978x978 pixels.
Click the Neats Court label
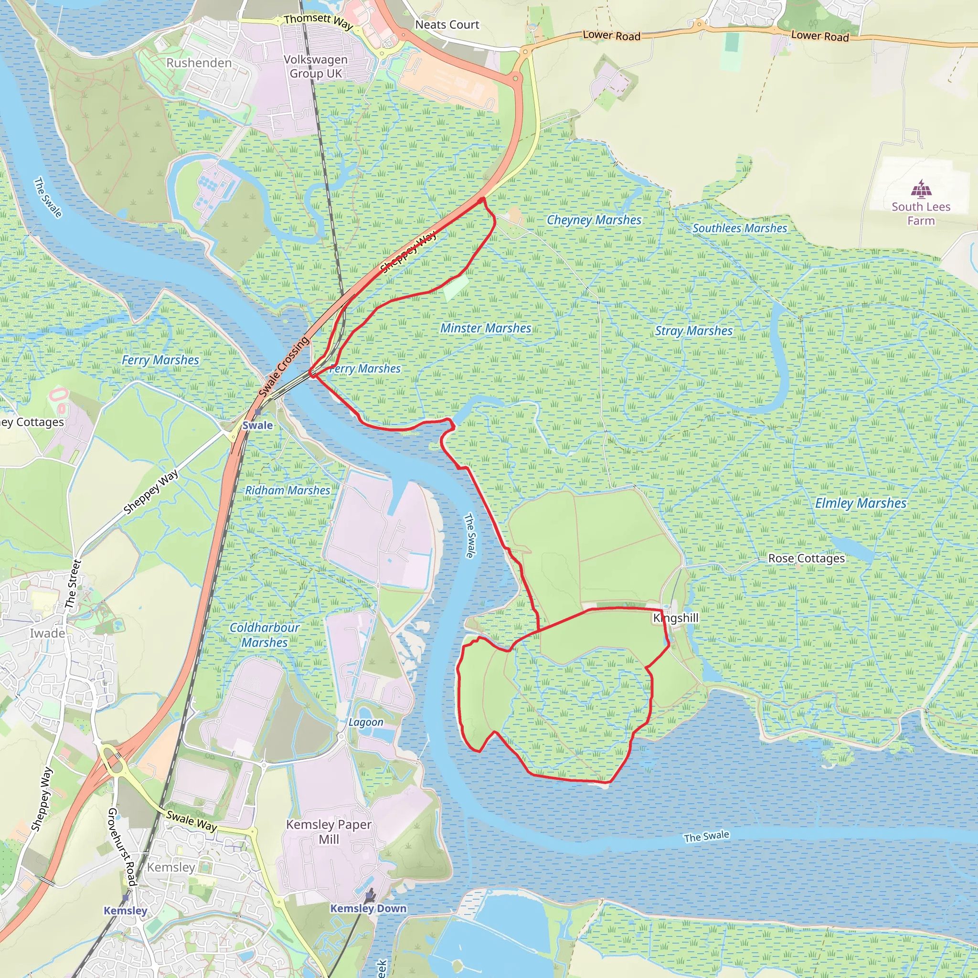pyautogui.click(x=447, y=24)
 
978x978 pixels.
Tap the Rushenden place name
pyautogui.click(x=199, y=63)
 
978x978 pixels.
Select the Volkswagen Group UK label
pyautogui.click(x=315, y=66)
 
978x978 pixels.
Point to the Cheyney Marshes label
pyautogui.click(x=594, y=220)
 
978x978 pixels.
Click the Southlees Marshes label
pyautogui.click(x=740, y=228)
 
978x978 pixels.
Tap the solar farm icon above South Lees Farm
pyautogui.click(x=921, y=188)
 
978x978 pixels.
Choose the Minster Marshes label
pyautogui.click(x=486, y=328)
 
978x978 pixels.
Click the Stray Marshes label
pyautogui.click(x=693, y=330)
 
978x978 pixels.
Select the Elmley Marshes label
pyautogui.click(x=861, y=503)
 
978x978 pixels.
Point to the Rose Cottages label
pyautogui.click(x=807, y=558)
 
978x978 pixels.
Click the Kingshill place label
pyautogui.click(x=676, y=618)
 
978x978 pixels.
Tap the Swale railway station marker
pyautogui.click(x=258, y=413)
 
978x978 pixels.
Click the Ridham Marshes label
pyautogui.click(x=287, y=490)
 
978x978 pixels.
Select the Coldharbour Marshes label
pyautogui.click(x=264, y=635)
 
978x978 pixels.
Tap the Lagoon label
pyautogui.click(x=365, y=723)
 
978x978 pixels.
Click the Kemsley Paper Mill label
pyautogui.click(x=329, y=832)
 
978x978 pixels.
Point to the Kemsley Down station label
pyautogui.click(x=368, y=908)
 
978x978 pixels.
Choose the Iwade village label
pyautogui.click(x=48, y=633)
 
